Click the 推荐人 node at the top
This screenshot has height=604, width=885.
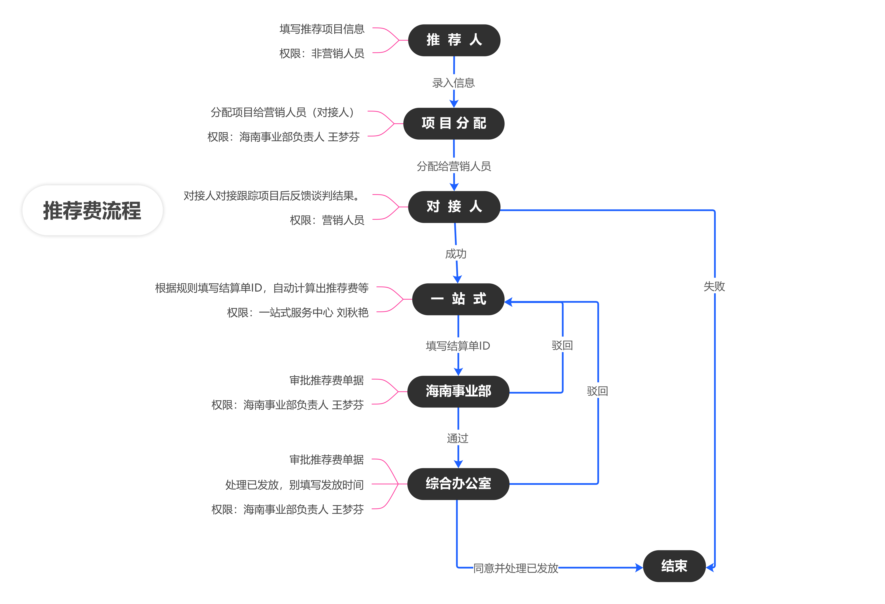tap(454, 40)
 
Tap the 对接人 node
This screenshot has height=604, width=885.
tap(454, 207)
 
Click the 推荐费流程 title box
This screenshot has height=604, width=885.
tap(93, 210)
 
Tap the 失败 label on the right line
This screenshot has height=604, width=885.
tap(714, 286)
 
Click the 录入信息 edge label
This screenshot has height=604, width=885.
tap(453, 83)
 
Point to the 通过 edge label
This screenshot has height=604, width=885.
tap(458, 438)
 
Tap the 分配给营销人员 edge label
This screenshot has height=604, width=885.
tap(454, 166)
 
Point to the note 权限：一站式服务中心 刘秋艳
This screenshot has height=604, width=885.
tap(298, 312)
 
